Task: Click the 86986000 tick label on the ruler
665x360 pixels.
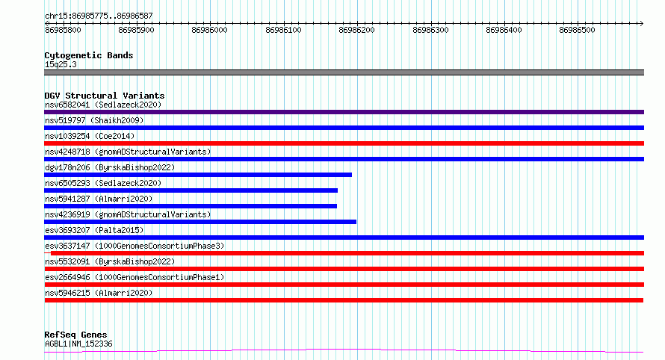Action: (209, 30)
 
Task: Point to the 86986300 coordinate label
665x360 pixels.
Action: (430, 30)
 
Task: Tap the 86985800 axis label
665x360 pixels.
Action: (63, 30)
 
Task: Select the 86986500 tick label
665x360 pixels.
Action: (578, 30)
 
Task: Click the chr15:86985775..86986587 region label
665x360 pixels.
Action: (99, 16)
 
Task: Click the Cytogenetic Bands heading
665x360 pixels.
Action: (89, 55)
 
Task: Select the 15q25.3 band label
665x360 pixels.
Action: (61, 64)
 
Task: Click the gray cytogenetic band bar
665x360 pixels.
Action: (344, 72)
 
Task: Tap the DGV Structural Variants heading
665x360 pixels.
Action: (105, 96)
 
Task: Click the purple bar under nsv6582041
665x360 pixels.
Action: (344, 112)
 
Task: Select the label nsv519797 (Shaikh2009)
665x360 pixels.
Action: (94, 120)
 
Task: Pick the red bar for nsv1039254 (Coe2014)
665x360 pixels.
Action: (344, 143)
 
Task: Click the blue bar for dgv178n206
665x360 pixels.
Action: (198, 175)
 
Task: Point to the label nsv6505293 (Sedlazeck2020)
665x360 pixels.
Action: (103, 183)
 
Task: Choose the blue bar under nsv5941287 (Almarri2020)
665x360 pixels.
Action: (191, 206)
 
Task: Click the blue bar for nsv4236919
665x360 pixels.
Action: (200, 222)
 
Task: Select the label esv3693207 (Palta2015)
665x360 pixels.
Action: (94, 230)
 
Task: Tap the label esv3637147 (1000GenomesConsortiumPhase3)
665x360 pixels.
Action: (134, 246)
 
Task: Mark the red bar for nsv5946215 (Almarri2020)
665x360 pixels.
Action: (344, 300)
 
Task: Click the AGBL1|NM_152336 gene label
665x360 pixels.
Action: (78, 344)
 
